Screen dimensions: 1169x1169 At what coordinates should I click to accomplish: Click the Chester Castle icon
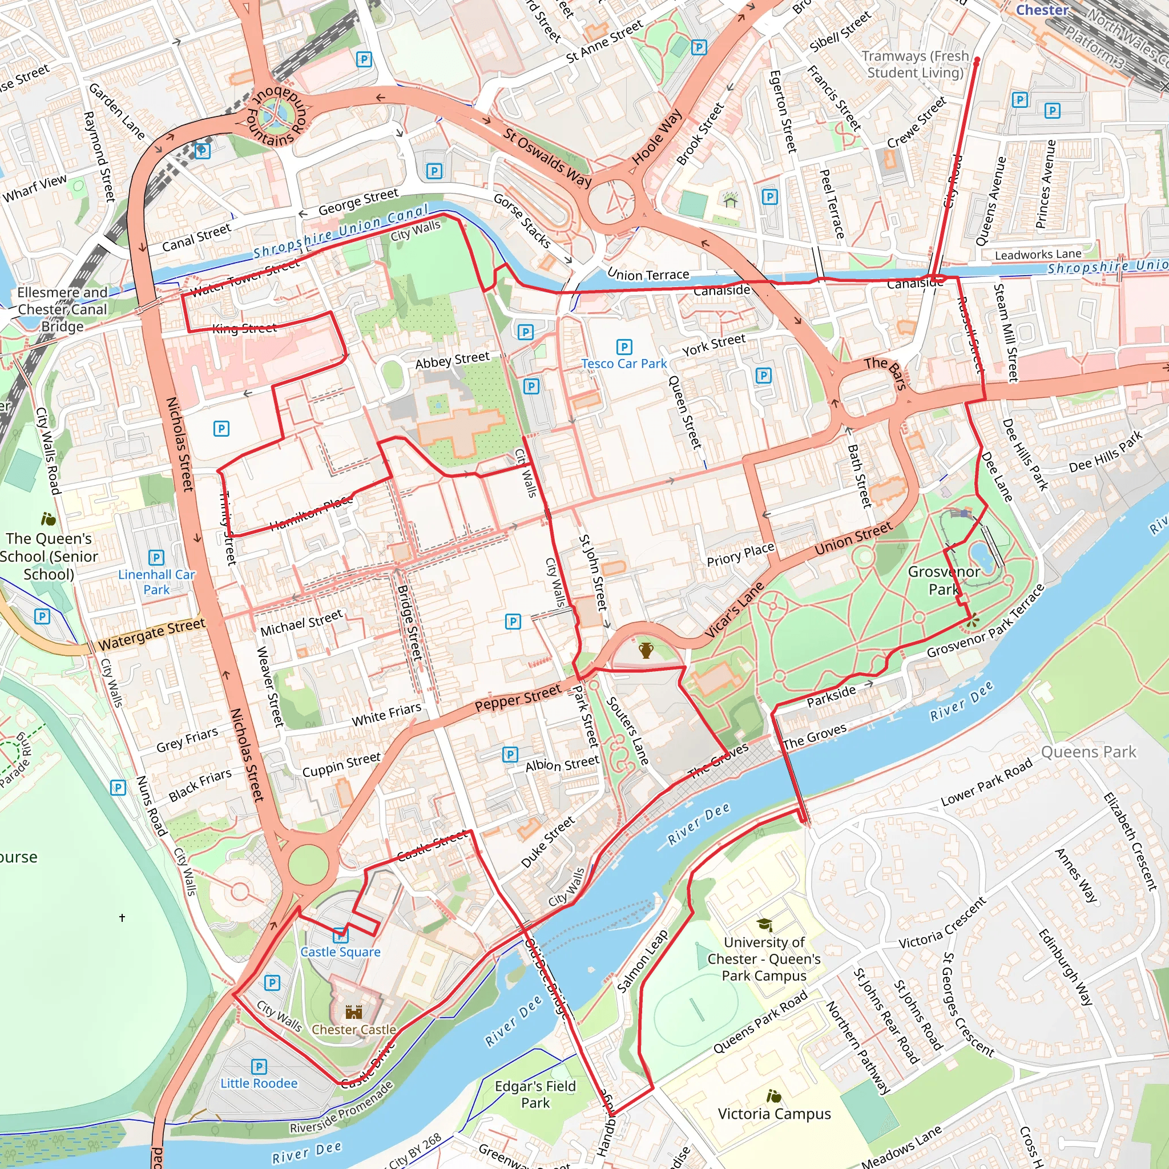[353, 1011]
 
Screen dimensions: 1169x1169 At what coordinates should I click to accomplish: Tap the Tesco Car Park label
[624, 364]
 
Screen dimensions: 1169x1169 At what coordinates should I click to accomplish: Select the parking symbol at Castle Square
[341, 935]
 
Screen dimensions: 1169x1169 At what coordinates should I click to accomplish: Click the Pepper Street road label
[518, 698]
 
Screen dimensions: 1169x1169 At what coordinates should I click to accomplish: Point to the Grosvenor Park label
[944, 581]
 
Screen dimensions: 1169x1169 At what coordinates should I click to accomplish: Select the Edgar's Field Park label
[535, 1094]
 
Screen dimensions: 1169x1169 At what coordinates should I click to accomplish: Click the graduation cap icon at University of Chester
[764, 925]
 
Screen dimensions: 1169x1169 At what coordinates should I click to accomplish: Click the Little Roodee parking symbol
[259, 1067]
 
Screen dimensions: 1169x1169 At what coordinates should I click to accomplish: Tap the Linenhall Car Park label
[156, 582]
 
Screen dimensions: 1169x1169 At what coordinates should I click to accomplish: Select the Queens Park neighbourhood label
[1089, 752]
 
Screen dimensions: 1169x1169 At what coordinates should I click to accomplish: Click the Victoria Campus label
[775, 1114]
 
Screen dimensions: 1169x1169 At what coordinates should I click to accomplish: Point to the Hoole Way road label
[657, 138]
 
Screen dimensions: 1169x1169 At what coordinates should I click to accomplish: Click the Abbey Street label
[452, 361]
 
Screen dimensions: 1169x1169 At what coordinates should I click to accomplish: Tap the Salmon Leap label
[643, 961]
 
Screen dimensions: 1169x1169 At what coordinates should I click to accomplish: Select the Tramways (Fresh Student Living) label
[915, 64]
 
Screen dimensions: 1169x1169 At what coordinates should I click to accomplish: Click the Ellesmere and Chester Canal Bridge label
[62, 309]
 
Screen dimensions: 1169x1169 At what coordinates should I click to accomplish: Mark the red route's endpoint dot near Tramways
[977, 60]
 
